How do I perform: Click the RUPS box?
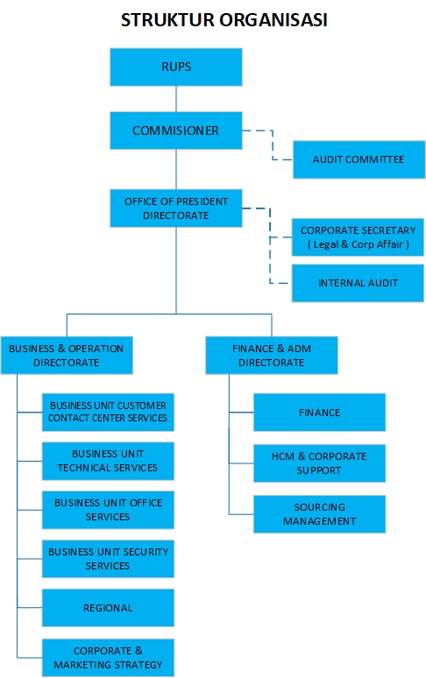(176, 67)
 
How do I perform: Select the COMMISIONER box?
(176, 131)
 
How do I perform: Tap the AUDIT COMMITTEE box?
(359, 159)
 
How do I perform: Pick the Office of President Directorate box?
(176, 208)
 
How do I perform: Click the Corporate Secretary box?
(358, 237)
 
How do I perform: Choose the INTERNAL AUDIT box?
(358, 283)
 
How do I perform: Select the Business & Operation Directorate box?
(67, 356)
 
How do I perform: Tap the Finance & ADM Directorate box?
(272, 356)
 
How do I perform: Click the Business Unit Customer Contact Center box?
(108, 412)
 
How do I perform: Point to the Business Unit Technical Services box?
(108, 461)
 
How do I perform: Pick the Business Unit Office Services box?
(108, 510)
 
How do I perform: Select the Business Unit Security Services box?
(108, 559)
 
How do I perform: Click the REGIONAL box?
(108, 608)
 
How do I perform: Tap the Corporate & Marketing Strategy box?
(108, 658)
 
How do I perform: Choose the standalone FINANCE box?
(320, 412)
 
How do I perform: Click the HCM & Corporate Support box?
(320, 463)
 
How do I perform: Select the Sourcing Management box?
(320, 514)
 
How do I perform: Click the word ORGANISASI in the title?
(273, 20)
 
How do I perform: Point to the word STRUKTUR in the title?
(167, 20)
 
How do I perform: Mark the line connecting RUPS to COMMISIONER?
(176, 99)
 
